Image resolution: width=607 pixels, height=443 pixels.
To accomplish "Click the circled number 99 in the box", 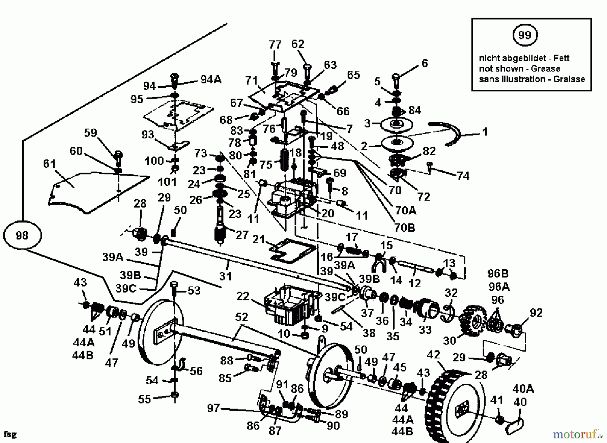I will (524, 35).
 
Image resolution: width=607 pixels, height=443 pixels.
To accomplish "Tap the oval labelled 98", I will (22, 235).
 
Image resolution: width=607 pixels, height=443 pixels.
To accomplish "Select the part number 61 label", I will (50, 164).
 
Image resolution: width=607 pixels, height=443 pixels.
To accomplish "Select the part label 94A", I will (211, 80).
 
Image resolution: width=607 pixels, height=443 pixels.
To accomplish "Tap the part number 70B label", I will (404, 228).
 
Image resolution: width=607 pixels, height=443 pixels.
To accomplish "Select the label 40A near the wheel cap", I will (523, 389).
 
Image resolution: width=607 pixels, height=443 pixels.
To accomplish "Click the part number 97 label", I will (213, 408).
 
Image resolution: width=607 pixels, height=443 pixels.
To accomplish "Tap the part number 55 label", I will (144, 399).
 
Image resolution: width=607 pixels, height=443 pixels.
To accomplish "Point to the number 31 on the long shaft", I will (225, 276).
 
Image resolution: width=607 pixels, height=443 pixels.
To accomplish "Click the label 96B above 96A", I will (498, 273).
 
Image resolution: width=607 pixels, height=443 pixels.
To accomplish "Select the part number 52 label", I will (241, 317).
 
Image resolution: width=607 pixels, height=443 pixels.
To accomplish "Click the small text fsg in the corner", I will (10, 434).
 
